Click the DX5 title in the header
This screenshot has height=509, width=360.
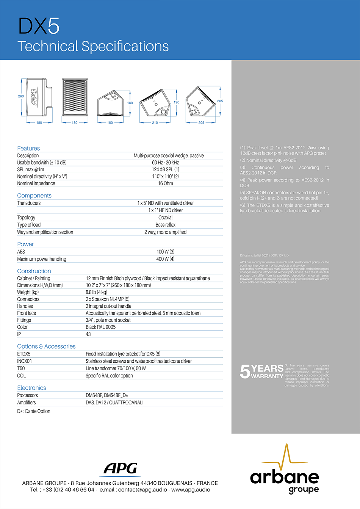[39, 26]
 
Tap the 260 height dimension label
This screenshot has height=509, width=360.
[21, 96]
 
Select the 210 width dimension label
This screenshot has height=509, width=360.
[155, 123]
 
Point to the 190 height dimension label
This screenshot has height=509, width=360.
[177, 102]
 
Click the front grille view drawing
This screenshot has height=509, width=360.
[75, 97]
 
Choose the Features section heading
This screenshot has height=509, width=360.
[28, 148]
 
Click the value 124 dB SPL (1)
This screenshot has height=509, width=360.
[166, 169]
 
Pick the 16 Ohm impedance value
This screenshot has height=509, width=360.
[166, 183]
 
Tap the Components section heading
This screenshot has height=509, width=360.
[34, 196]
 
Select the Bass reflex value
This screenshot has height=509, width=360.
[166, 225]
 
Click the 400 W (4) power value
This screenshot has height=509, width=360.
[166, 259]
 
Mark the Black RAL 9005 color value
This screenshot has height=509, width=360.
[100, 327]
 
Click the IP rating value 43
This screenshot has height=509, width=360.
[88, 334]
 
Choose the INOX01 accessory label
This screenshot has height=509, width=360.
[25, 361]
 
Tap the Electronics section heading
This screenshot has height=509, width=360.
[31, 388]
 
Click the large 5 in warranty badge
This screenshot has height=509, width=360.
[245, 372]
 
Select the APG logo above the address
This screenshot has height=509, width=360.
[121, 469]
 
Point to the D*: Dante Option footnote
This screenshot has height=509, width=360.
[34, 411]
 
